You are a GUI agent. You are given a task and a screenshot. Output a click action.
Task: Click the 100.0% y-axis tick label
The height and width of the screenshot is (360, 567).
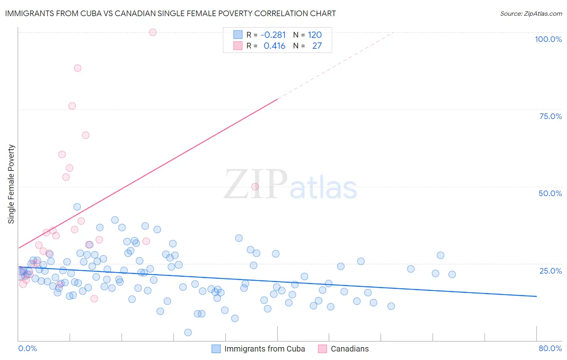(x=548, y=39)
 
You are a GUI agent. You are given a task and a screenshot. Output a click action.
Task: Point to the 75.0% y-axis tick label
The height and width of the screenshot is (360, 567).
(x=550, y=116)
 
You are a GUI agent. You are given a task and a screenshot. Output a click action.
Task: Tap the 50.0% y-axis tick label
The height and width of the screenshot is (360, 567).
(x=550, y=193)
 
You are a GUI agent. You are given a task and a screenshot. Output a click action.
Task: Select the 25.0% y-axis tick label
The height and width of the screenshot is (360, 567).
(x=550, y=271)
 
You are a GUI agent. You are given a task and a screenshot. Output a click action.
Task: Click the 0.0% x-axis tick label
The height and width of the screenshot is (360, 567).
(x=27, y=348)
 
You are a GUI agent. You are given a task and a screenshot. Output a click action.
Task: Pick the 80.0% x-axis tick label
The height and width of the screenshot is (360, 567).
(x=550, y=348)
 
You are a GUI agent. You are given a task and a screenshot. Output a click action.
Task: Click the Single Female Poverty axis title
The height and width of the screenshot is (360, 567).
(x=11, y=184)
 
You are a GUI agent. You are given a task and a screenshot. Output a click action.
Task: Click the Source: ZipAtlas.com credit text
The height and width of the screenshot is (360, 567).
(x=531, y=13)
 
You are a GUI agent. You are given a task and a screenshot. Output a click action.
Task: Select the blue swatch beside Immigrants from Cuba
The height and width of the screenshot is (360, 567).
(x=216, y=349)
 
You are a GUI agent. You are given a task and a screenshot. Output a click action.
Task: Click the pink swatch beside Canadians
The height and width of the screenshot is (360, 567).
(x=322, y=349)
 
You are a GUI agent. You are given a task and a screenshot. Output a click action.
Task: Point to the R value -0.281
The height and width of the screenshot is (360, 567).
(x=273, y=35)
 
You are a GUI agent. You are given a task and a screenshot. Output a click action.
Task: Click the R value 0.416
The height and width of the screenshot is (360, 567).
(x=275, y=46)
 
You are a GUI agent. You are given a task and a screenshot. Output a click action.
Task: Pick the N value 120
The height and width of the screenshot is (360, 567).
(x=315, y=35)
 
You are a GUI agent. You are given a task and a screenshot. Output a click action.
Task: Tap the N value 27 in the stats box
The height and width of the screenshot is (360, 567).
(x=317, y=46)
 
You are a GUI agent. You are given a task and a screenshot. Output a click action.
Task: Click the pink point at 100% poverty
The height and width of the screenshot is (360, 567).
(x=152, y=32)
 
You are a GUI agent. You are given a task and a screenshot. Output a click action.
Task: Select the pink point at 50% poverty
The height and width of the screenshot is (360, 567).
(x=255, y=186)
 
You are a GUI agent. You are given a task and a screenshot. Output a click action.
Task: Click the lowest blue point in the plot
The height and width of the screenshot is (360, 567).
(x=188, y=333)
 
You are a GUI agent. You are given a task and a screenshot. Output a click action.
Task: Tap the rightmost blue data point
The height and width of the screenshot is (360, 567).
(x=452, y=274)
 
